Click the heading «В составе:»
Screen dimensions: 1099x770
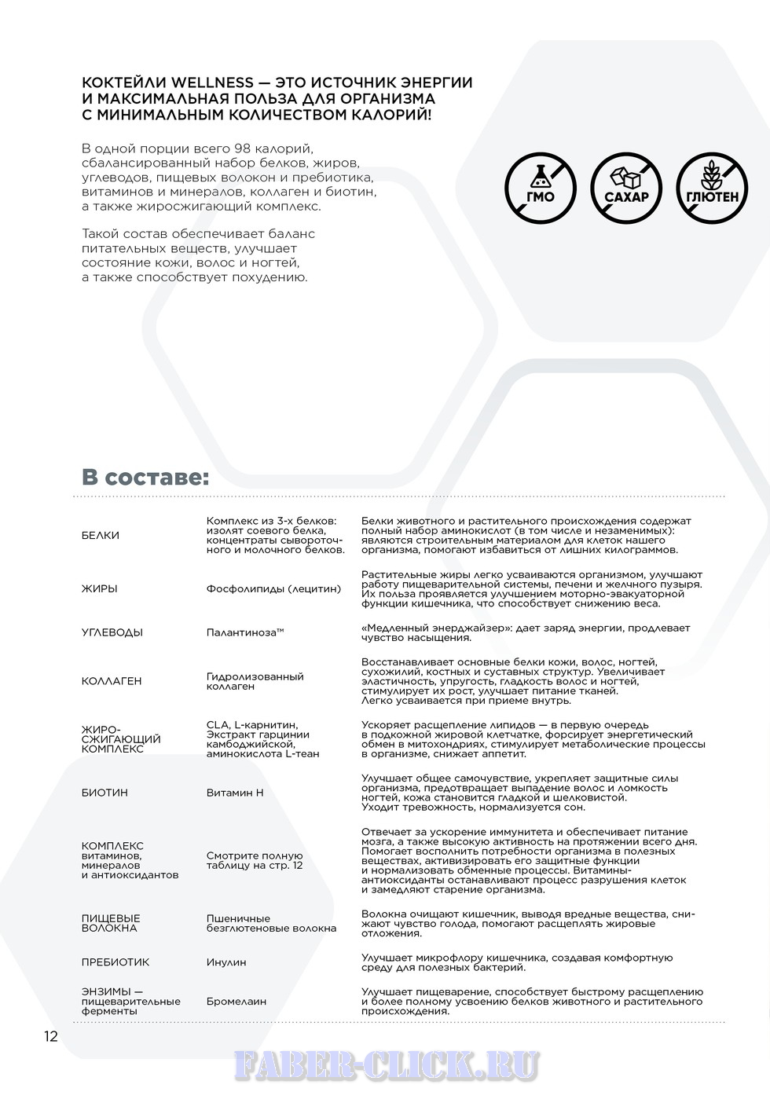(x=145, y=477)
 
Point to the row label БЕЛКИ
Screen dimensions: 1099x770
(x=101, y=535)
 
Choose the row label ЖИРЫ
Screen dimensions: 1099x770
(x=100, y=588)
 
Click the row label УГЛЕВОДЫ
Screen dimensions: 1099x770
(x=112, y=632)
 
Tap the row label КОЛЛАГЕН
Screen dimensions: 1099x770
(x=112, y=681)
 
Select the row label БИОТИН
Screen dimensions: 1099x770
(x=104, y=793)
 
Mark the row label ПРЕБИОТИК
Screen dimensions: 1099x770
(x=115, y=962)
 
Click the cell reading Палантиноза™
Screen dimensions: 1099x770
(x=244, y=632)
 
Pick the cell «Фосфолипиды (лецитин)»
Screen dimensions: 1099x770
(x=273, y=588)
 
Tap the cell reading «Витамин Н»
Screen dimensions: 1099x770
(x=235, y=793)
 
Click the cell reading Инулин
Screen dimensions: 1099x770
(x=226, y=962)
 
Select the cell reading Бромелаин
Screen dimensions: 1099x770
(x=236, y=1002)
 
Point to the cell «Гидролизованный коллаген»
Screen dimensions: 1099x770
(x=255, y=681)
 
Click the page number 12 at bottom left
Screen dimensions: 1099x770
(x=50, y=1036)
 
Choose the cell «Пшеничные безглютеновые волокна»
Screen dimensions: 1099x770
(x=271, y=923)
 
